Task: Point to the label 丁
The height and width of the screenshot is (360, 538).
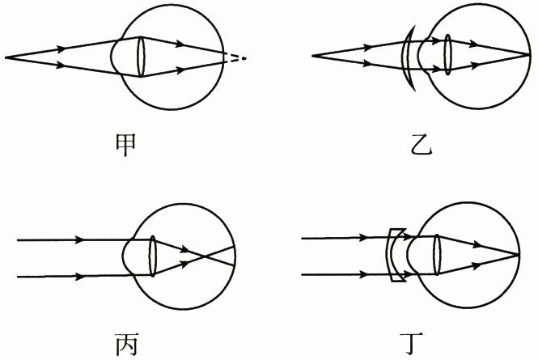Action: click(423, 345)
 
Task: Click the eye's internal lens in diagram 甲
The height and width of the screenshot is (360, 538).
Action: click(141, 57)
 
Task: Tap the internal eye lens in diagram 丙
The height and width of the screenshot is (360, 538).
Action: click(153, 258)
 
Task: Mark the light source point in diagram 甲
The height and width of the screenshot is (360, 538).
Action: click(6, 57)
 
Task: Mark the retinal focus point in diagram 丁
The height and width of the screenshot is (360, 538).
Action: click(518, 256)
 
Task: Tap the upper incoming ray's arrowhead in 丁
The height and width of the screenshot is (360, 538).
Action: click(358, 237)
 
